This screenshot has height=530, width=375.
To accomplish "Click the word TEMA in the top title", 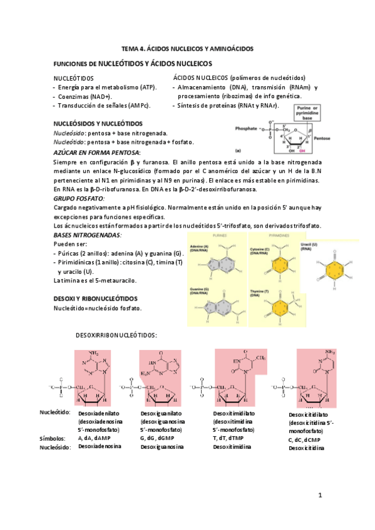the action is (x=131, y=48).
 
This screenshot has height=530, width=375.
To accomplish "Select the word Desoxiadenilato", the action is (x=99, y=414).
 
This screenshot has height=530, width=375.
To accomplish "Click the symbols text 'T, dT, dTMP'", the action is (x=230, y=439).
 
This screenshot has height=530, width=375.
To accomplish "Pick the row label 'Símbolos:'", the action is (x=52, y=439).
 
